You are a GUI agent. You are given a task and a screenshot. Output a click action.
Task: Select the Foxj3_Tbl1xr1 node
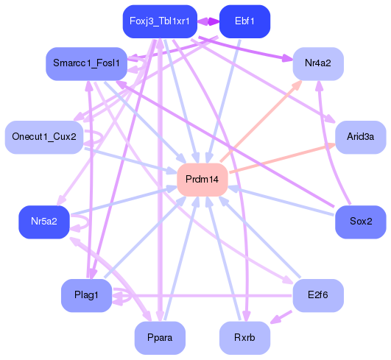160,21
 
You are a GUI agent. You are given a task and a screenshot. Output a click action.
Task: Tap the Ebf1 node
244,21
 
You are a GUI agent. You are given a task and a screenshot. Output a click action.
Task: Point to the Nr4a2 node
318,64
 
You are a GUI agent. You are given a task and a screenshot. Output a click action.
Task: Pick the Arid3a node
360,137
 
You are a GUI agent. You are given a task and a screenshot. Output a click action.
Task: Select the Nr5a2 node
43,221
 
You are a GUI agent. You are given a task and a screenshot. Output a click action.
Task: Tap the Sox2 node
360,221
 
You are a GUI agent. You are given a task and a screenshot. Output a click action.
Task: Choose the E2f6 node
318,295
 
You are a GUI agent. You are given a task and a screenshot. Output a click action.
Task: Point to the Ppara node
160,338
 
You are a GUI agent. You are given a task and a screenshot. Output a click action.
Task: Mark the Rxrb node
244,338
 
